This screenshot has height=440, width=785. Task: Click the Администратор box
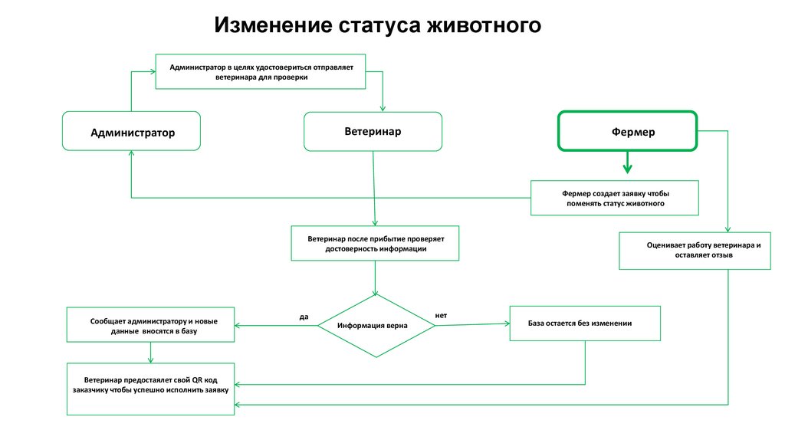click(x=131, y=132)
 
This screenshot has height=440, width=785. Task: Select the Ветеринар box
click(x=373, y=131)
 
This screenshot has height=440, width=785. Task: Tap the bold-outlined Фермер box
click(x=627, y=131)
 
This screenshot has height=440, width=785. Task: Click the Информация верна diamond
click(x=376, y=326)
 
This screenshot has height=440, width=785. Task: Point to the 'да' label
click(x=304, y=316)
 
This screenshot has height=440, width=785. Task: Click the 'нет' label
click(x=441, y=315)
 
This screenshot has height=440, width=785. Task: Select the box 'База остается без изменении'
click(x=584, y=323)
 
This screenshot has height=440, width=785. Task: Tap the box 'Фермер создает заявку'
click(x=615, y=199)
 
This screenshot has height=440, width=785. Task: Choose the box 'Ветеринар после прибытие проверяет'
click(x=375, y=244)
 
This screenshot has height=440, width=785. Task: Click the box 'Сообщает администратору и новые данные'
click(x=150, y=324)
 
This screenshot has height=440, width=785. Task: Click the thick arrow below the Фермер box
click(x=627, y=163)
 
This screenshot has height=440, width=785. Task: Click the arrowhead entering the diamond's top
click(x=376, y=291)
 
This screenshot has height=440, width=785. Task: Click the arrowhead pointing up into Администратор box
click(x=131, y=153)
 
